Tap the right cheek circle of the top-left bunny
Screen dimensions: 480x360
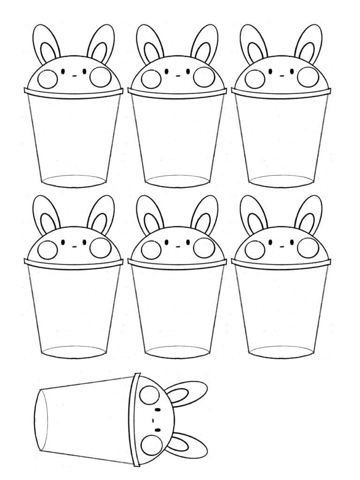100,77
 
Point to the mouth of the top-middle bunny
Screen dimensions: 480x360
178,75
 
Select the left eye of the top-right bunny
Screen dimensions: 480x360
270,72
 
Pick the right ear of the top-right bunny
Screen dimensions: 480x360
308,43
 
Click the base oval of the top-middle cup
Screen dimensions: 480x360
177,181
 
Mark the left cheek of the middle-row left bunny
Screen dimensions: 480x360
47,249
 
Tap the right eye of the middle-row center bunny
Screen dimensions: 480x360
188,242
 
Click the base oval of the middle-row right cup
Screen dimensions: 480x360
281,352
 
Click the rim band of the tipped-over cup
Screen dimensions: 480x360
136,420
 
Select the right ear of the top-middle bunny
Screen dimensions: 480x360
205,43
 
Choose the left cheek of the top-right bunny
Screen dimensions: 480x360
255,79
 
